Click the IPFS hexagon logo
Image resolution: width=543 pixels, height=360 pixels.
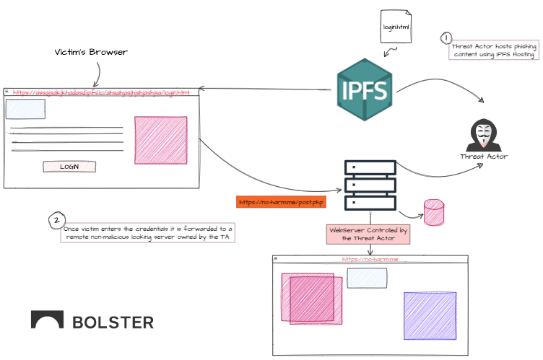(x=365, y=90)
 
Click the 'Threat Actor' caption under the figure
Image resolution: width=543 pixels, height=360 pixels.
(x=484, y=157)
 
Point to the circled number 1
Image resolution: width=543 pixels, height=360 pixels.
(x=447, y=38)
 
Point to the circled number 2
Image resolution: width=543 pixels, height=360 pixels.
(x=56, y=220)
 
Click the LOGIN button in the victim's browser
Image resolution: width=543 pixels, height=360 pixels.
(x=69, y=167)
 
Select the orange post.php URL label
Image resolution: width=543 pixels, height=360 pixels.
(x=281, y=202)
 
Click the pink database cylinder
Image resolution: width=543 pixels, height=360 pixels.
(x=434, y=212)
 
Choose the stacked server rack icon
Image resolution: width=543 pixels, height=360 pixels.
(x=370, y=184)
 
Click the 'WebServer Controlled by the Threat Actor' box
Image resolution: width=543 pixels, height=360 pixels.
(x=369, y=234)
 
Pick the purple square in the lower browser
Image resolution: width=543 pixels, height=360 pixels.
(x=430, y=315)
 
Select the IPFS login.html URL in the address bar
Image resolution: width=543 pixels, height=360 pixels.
(x=101, y=92)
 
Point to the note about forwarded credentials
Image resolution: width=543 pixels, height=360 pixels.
(x=147, y=232)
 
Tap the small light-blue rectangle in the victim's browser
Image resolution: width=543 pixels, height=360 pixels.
(x=25, y=109)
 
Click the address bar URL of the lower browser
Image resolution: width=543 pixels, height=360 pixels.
(x=370, y=259)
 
